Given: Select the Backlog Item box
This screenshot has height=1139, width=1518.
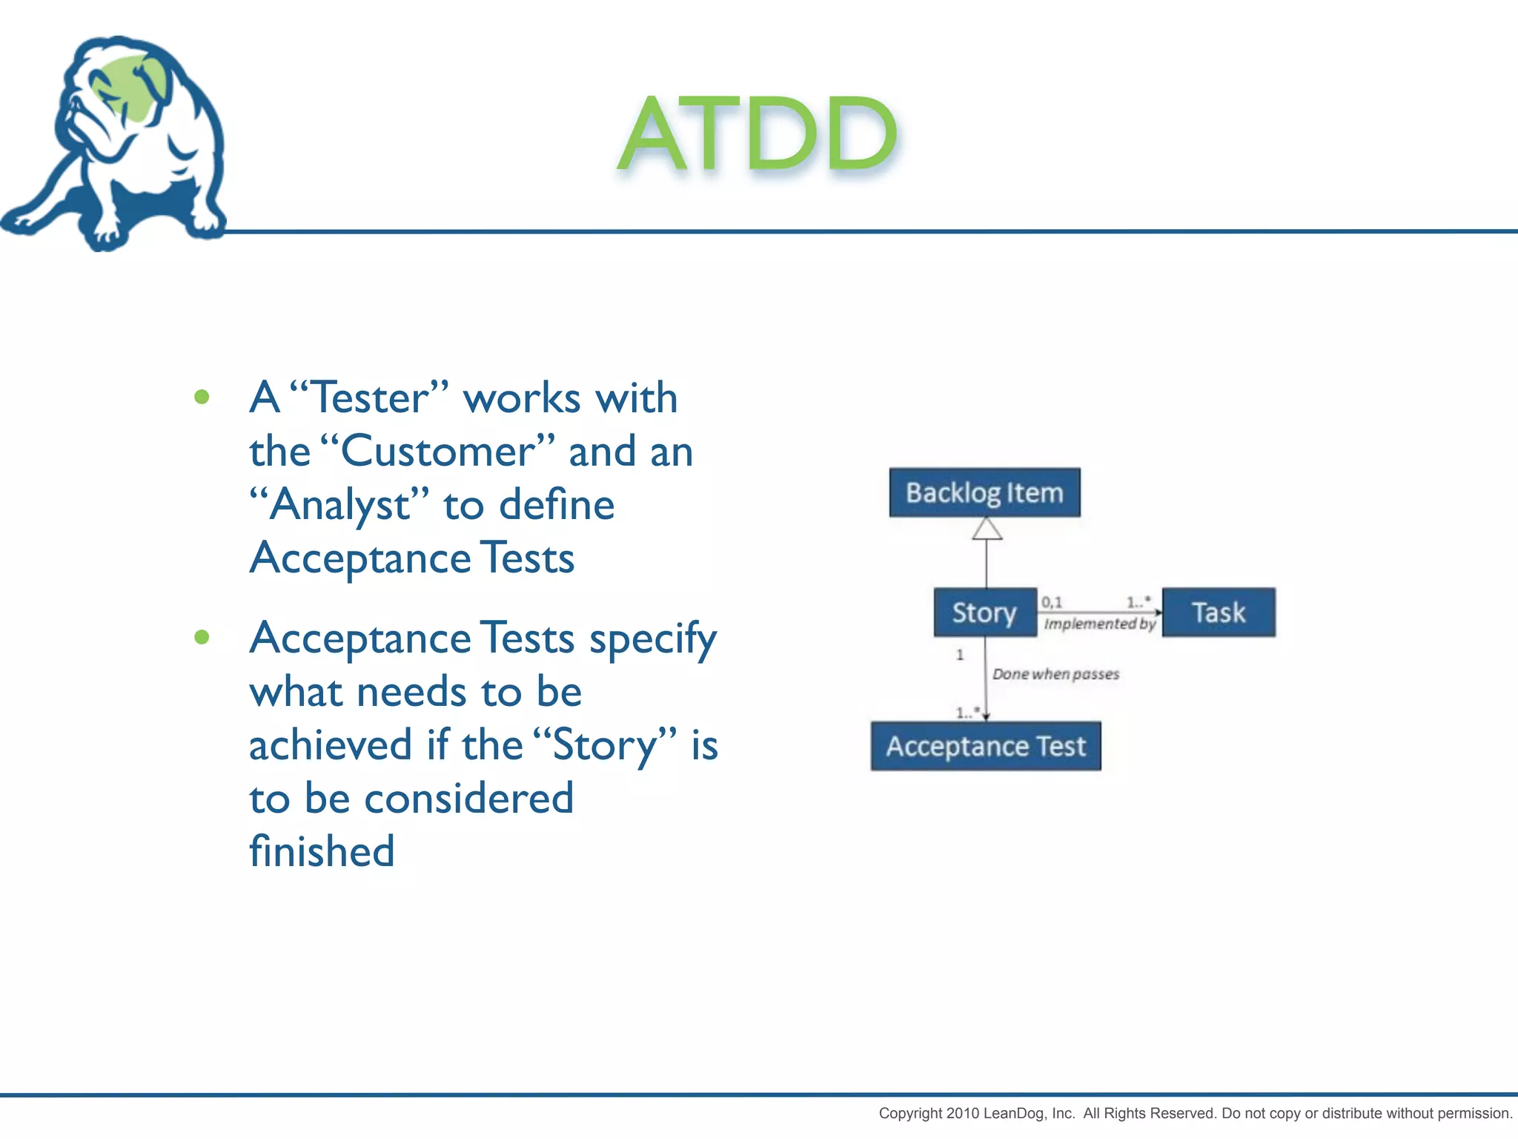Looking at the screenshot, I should coord(984,492).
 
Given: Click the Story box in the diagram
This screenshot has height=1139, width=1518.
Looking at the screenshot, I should coord(984,613).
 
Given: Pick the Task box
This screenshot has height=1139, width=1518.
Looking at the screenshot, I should coord(1218,613).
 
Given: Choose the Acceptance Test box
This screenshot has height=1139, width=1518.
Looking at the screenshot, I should coord(985,746).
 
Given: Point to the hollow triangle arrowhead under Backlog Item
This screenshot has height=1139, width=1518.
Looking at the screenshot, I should coord(987,529).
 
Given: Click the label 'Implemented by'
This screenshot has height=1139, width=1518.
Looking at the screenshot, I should coord(1099,624).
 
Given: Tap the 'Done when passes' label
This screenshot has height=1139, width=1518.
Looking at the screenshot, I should coord(1055,674).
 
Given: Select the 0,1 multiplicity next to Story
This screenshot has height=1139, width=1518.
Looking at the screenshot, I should coord(1052,601).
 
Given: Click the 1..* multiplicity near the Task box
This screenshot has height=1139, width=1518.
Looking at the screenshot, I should coord(1138,601).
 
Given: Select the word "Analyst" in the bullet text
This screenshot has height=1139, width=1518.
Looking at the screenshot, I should coord(339,506).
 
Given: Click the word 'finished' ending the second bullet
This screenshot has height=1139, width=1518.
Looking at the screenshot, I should coord(322,851).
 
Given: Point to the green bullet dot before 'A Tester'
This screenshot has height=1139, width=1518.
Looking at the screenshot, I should coord(202,397).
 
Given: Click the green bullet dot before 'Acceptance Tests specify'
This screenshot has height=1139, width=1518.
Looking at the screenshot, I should coord(202,637).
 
